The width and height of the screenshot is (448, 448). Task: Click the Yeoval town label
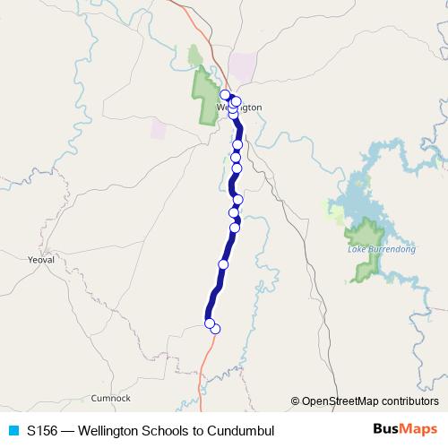[41, 259]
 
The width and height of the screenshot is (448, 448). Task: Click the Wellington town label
[239, 107]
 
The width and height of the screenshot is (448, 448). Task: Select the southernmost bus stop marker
[215, 329]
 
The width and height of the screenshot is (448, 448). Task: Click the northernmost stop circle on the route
[225, 94]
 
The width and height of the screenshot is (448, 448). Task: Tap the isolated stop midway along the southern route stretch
[223, 264]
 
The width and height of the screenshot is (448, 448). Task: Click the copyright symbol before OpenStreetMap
[296, 401]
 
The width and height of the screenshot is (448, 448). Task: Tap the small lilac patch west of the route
[159, 128]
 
